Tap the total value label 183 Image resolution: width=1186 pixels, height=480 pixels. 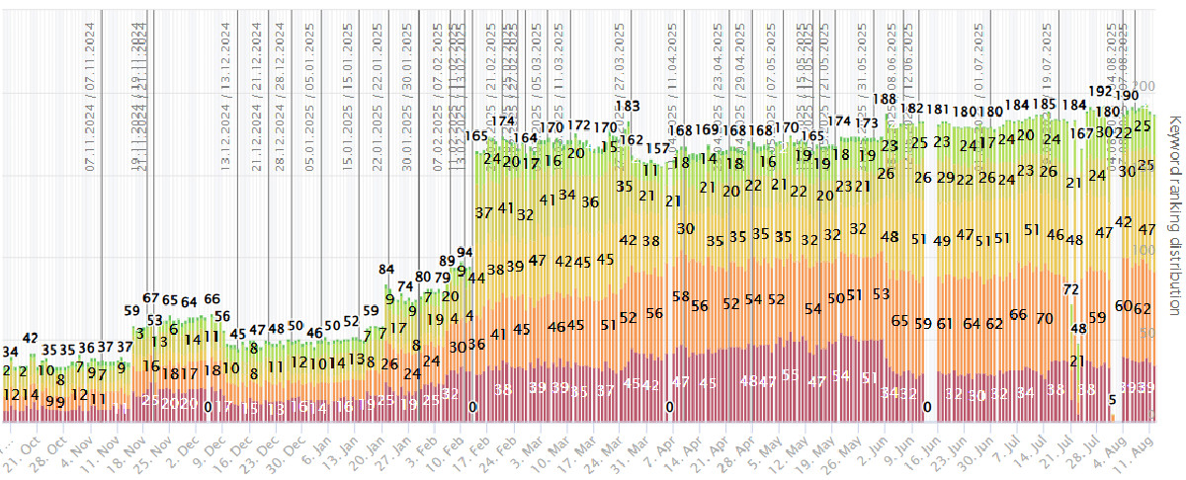coord(628,106)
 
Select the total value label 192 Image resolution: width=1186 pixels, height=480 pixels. coord(1100,91)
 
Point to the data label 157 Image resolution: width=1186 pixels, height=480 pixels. coord(658,148)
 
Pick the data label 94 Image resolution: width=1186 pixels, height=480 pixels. coord(465,253)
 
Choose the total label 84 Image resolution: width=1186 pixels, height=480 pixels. coord(386,269)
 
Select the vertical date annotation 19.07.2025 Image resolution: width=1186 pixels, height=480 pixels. coord(1047,59)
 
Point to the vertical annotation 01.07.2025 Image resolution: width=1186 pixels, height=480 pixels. coord(979,59)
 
